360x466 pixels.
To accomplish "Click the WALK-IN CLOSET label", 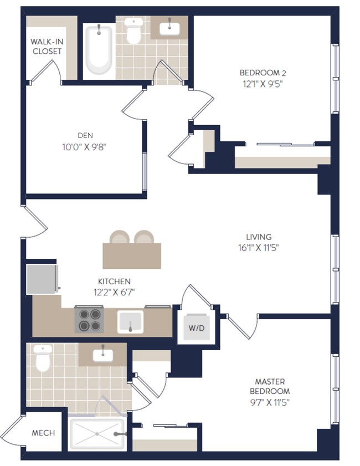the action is coord(47,47).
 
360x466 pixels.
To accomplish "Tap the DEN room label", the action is coord(85,136).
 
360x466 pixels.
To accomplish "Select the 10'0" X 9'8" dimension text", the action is coord(84,147).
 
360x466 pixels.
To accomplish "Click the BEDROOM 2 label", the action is coord(263,73).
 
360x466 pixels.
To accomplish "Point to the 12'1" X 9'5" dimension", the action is coord(263,84).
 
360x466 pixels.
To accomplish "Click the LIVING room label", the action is coord(259,237).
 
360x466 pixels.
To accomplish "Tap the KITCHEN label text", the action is coord(114,281).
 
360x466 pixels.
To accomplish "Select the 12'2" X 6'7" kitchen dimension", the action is coord(114,293).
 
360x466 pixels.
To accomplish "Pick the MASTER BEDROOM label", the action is coord(270,386).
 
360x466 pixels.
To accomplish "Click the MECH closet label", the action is coord(43,433).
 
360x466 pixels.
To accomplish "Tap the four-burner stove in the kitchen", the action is coord(89,320).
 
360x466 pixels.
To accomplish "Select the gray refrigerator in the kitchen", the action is coord(42,279).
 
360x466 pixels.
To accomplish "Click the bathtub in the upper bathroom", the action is coord(99,49).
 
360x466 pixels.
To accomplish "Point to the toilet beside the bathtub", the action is coord(133,30).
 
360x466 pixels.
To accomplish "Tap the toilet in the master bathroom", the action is coord(43,358).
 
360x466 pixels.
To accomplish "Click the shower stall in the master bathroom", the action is coord(97,434).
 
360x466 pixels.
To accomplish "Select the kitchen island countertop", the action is coord(132,256).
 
